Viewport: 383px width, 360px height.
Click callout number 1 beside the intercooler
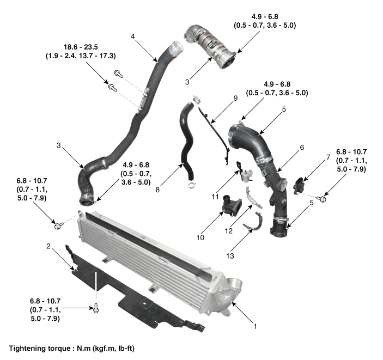pyautogui.click(x=254, y=327)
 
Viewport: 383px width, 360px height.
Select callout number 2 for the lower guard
pyautogui.click(x=48, y=246)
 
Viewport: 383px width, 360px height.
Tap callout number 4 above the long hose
pyautogui.click(x=132, y=36)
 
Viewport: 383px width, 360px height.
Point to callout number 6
pyautogui.click(x=302, y=147)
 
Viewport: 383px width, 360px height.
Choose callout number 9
pyautogui.click(x=235, y=98)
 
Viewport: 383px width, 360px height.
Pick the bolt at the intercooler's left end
pyautogui.click(x=57, y=223)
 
